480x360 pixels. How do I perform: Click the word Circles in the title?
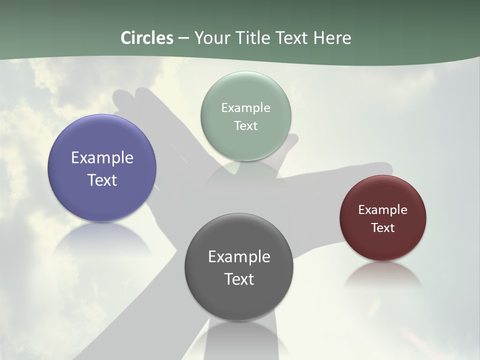[x=147, y=38]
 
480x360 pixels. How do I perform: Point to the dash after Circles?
[x=183, y=38]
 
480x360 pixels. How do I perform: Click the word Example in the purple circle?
[x=102, y=158]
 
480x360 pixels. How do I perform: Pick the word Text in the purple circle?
[x=102, y=180]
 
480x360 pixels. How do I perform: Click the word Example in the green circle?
[x=246, y=108]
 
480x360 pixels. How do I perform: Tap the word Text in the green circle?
[x=246, y=125]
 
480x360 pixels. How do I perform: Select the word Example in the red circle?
[x=383, y=210]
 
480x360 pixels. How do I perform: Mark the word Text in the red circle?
[x=383, y=228]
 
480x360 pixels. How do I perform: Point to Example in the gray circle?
[x=239, y=257]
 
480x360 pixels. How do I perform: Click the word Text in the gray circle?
[x=239, y=279]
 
